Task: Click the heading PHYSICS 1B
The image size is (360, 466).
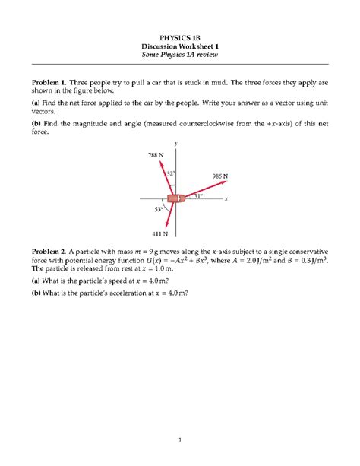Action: pos(180,35)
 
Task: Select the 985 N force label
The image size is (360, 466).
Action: pos(219,176)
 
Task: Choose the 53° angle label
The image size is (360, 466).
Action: pos(159,208)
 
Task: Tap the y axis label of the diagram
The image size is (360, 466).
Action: pos(175,143)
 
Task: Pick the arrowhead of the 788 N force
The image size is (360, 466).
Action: pos(159,161)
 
